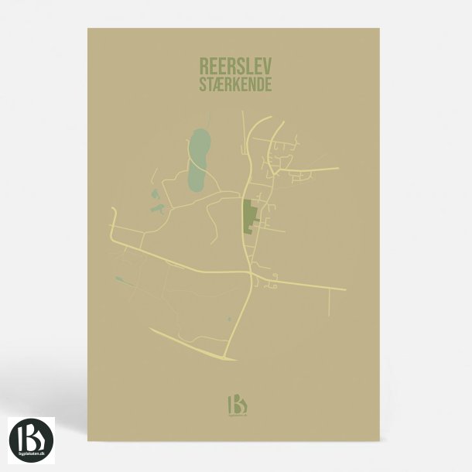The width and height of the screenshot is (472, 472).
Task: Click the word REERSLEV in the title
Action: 235,66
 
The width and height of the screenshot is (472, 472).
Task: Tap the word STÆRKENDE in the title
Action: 235,84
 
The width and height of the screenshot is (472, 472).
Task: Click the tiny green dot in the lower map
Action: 229,318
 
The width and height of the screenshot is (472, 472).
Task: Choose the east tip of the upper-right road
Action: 337,168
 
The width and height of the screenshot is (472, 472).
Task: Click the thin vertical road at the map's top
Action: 243,128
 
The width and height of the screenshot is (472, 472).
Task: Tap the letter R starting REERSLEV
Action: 204,66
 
